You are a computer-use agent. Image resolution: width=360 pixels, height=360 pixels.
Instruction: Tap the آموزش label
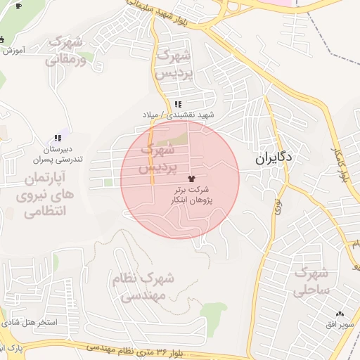click(x=14, y=51)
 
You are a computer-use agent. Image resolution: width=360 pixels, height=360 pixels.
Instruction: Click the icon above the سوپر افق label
click(x=340, y=313)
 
